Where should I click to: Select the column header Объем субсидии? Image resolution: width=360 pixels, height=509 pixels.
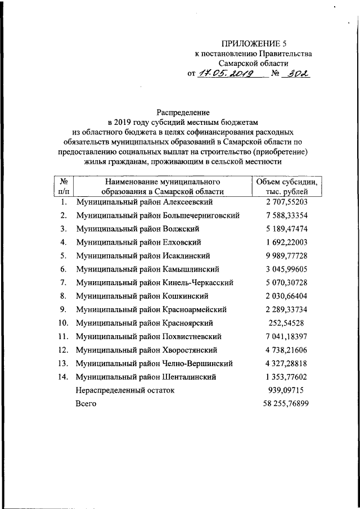tap(286, 182)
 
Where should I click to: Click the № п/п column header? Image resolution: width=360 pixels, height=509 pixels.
tap(64, 187)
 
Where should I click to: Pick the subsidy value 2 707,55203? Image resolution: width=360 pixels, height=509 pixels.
tap(286, 201)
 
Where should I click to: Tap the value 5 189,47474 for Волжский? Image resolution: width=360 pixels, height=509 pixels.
tap(286, 228)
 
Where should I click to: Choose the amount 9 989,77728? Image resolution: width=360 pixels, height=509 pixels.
tap(286, 255)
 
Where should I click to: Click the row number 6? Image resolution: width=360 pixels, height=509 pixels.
tap(64, 269)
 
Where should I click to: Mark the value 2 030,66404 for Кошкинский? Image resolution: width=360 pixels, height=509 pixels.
tap(286, 296)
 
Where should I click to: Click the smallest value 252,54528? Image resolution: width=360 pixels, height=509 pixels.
tap(287, 323)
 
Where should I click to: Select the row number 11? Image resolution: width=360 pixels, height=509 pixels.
tap(63, 336)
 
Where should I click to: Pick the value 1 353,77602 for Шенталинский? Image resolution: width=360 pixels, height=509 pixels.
tap(286, 377)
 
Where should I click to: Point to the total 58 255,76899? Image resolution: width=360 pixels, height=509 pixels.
tap(286, 404)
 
